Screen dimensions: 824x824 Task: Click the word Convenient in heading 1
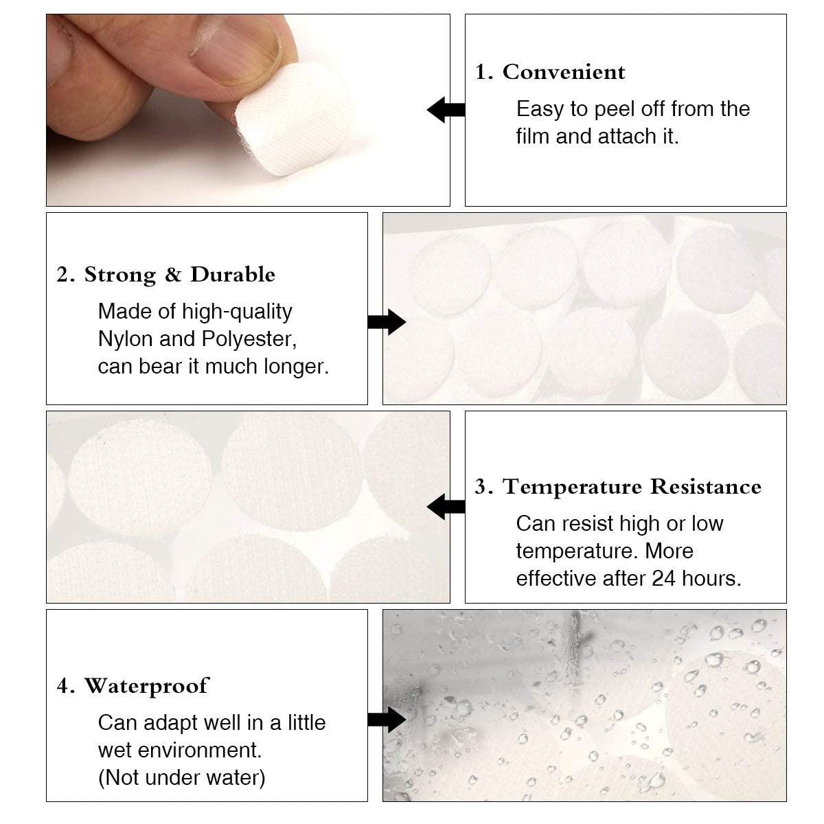click(x=564, y=72)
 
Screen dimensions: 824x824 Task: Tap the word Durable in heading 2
click(x=233, y=274)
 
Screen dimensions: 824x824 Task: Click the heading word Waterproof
click(x=147, y=686)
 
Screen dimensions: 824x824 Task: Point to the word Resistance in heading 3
click(x=706, y=487)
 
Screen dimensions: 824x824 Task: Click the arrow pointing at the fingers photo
click(x=446, y=110)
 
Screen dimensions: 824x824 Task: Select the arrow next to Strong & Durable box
click(x=387, y=322)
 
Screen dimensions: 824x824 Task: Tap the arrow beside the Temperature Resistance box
click(x=446, y=507)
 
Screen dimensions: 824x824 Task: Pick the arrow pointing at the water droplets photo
click(x=387, y=719)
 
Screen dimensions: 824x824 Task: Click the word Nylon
click(x=125, y=339)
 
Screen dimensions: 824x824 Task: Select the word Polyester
click(x=249, y=339)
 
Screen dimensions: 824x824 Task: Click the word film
click(x=532, y=137)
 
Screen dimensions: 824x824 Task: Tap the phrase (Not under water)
click(x=182, y=778)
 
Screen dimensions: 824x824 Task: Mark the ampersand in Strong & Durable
click(x=173, y=274)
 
